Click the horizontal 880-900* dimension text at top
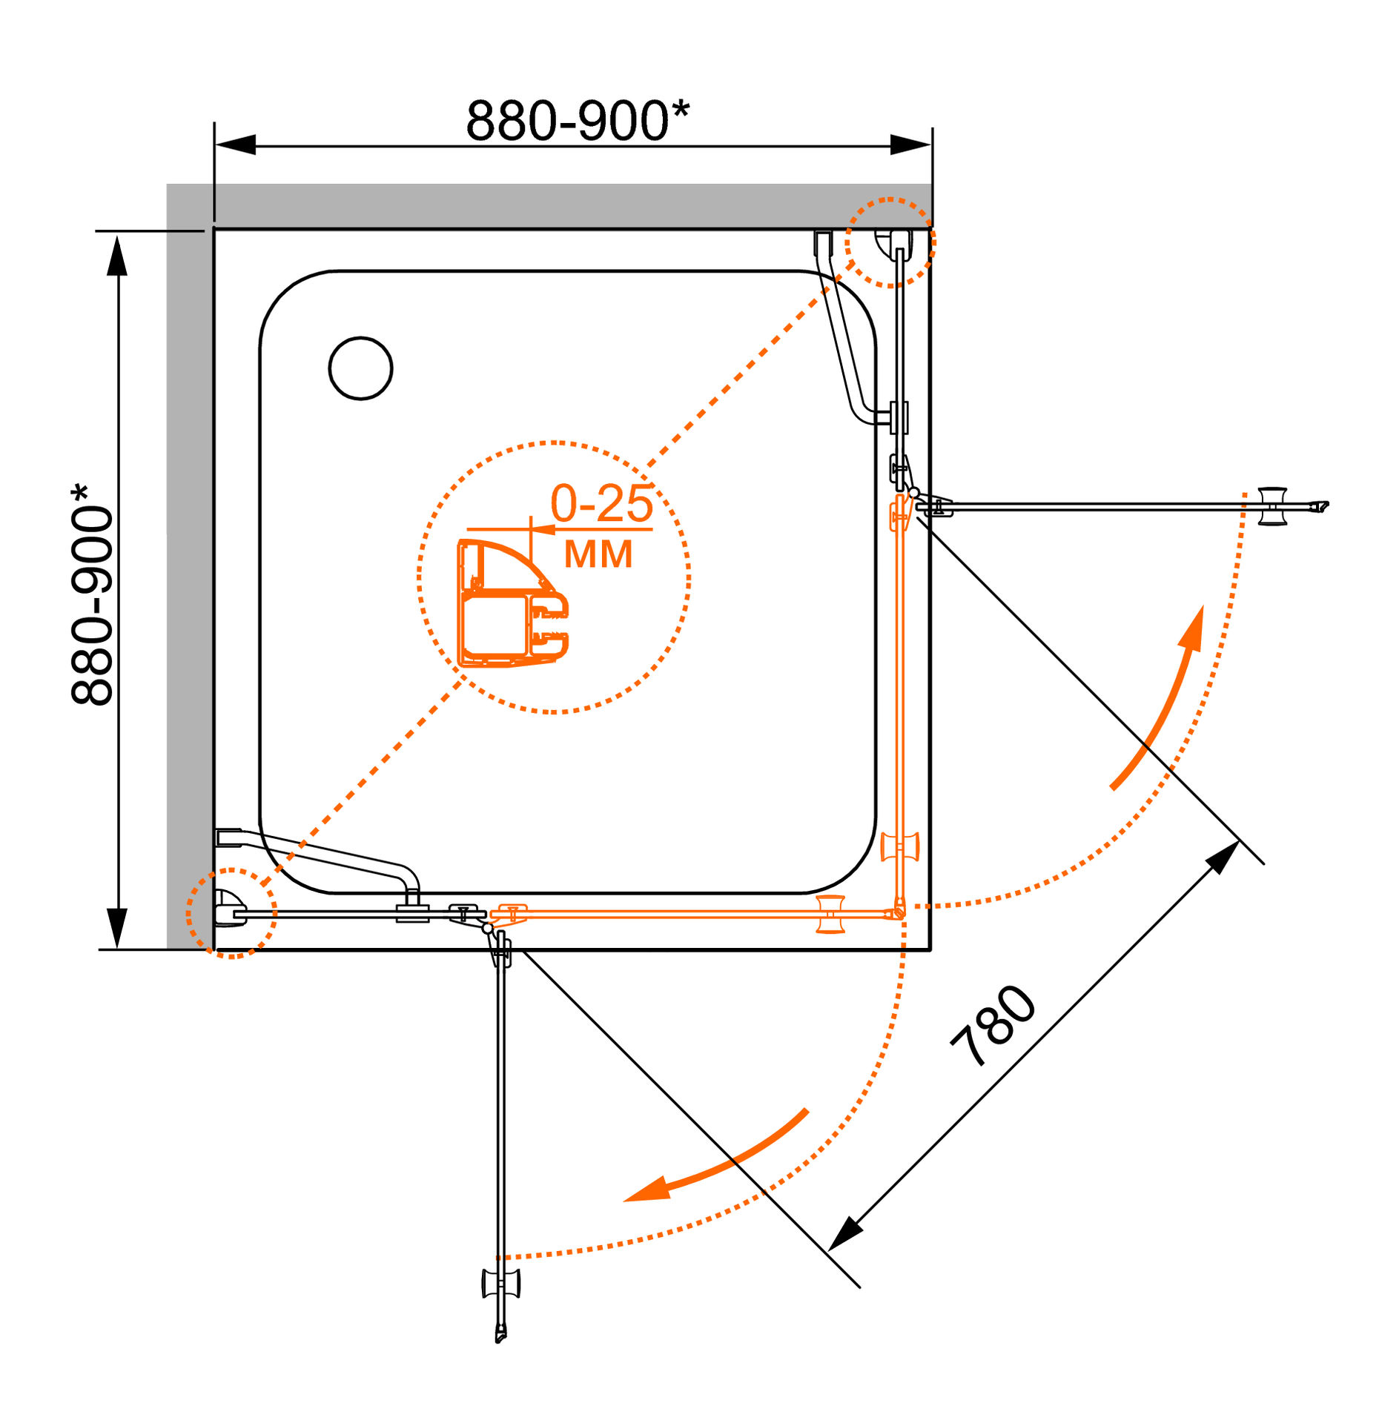click(x=578, y=119)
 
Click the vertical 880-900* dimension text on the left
click(x=92, y=594)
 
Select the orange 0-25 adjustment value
click(x=602, y=504)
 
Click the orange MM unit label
click(x=598, y=554)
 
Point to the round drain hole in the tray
click(x=360, y=368)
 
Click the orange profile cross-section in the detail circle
click(x=513, y=603)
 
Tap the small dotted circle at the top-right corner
click(x=890, y=242)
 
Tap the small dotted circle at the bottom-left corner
click(x=231, y=913)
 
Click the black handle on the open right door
click(x=1273, y=506)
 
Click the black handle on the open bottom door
click(x=501, y=1284)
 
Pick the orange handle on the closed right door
click(x=899, y=846)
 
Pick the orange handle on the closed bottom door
click(x=830, y=914)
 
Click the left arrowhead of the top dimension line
click(x=235, y=145)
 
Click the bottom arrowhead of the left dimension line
click(x=117, y=928)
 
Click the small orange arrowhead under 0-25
click(x=544, y=529)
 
